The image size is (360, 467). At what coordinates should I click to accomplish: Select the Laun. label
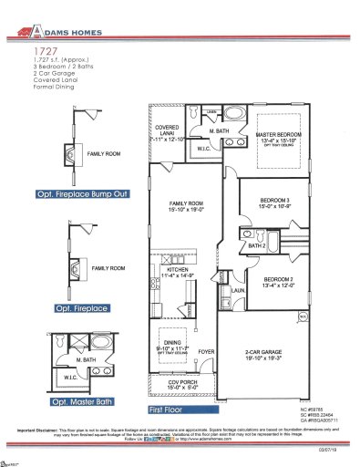pyautogui.click(x=235, y=289)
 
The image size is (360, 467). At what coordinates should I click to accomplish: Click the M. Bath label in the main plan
pyautogui.click(x=218, y=134)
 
